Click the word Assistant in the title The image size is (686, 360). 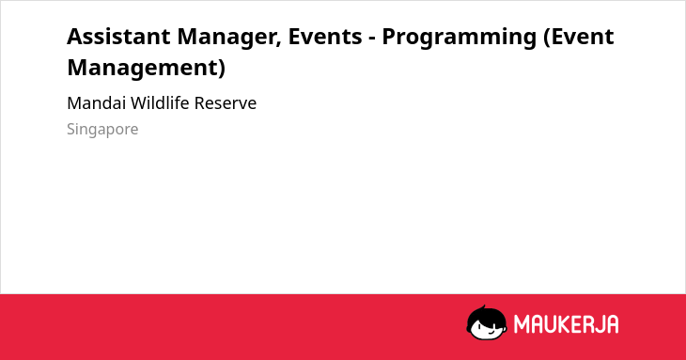click(118, 37)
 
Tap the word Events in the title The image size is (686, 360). click(325, 37)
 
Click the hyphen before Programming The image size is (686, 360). click(372, 39)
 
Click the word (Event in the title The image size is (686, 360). click(578, 38)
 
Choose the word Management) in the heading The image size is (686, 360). click(146, 69)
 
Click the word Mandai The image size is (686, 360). click(96, 103)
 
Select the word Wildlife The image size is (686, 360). click(160, 103)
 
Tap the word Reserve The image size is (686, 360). click(226, 103)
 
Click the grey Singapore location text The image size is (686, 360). click(102, 130)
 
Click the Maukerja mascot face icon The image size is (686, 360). click(487, 322)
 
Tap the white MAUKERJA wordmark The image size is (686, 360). click(566, 324)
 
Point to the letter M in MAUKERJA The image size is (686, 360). click(521, 324)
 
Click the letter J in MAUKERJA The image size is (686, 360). click(599, 324)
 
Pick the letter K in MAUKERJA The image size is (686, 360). click(558, 324)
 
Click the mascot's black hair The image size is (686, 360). click(486, 314)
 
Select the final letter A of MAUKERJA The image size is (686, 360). click(613, 324)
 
